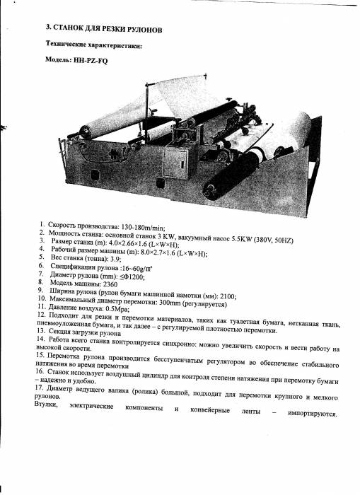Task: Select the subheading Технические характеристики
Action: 94,46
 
